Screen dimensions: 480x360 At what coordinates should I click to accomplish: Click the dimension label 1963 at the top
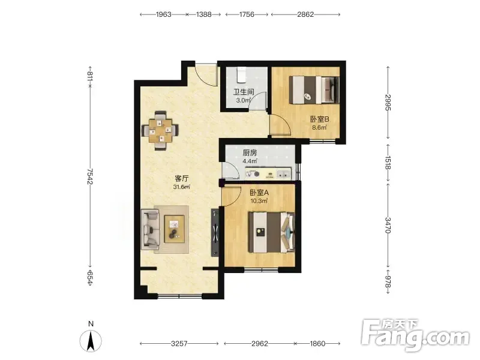(x=163, y=14)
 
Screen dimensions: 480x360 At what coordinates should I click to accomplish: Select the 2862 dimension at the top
(x=305, y=14)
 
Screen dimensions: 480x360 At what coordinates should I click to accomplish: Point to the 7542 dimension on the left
(x=90, y=176)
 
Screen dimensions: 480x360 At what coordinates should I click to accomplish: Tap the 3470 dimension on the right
(x=388, y=225)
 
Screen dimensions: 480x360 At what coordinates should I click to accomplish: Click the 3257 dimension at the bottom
(x=179, y=343)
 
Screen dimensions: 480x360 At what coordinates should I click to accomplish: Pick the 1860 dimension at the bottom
(x=317, y=343)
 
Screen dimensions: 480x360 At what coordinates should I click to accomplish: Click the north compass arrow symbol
(x=91, y=341)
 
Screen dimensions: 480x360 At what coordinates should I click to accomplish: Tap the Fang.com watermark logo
(x=416, y=335)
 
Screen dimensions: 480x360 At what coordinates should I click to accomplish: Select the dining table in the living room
(x=160, y=131)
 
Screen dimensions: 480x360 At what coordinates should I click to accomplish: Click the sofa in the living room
(x=151, y=229)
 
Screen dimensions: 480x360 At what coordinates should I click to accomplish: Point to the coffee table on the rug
(x=174, y=229)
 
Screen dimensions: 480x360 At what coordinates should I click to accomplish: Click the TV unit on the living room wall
(x=215, y=233)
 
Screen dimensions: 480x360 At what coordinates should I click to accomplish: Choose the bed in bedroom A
(x=272, y=232)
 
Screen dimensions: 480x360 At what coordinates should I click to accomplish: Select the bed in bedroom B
(x=314, y=89)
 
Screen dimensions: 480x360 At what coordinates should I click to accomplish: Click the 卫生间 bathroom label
(x=244, y=92)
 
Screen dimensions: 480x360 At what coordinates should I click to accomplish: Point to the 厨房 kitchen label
(x=250, y=152)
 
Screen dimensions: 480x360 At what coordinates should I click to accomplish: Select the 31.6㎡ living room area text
(x=182, y=187)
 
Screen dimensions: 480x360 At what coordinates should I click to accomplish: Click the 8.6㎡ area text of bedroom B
(x=319, y=127)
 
